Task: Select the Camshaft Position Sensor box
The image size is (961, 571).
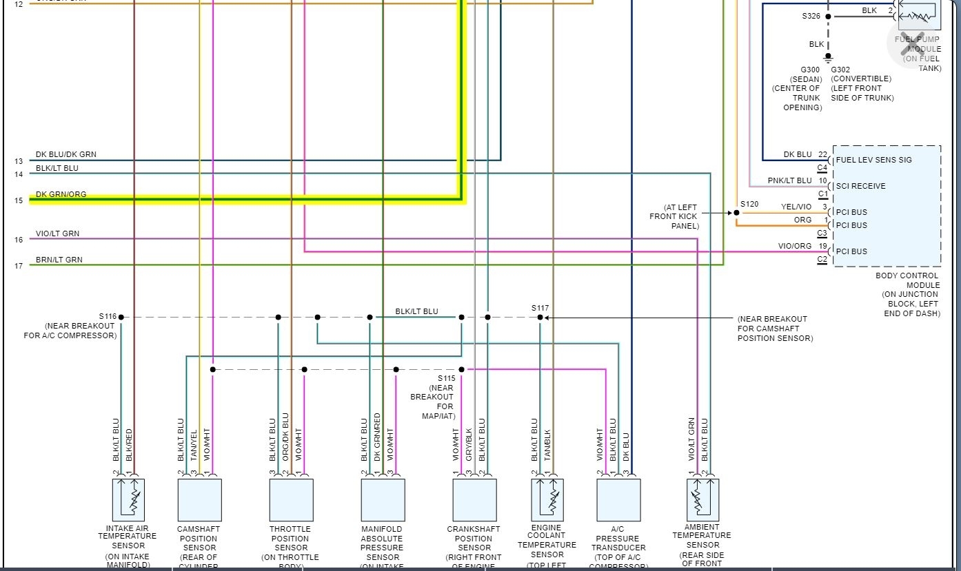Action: [x=199, y=499]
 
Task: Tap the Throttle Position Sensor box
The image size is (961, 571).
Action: [x=291, y=499]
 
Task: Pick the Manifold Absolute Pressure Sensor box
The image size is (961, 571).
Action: [x=383, y=499]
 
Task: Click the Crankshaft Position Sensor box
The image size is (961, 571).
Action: [x=474, y=499]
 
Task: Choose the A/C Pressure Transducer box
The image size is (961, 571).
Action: [x=618, y=499]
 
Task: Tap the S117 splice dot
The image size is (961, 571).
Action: [x=540, y=318]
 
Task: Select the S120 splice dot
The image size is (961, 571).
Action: [x=736, y=213]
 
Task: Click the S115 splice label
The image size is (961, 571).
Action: [x=447, y=378]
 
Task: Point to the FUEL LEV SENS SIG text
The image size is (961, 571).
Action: [x=873, y=160]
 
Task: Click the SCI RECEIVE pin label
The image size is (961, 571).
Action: [x=860, y=186]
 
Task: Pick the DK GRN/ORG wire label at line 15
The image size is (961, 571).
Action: [x=61, y=194]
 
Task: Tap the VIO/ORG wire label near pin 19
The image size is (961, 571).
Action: [x=795, y=246]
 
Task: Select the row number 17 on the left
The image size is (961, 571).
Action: [x=19, y=266]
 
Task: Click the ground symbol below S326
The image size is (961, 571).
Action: [x=828, y=58]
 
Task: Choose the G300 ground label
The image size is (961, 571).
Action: [x=810, y=70]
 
